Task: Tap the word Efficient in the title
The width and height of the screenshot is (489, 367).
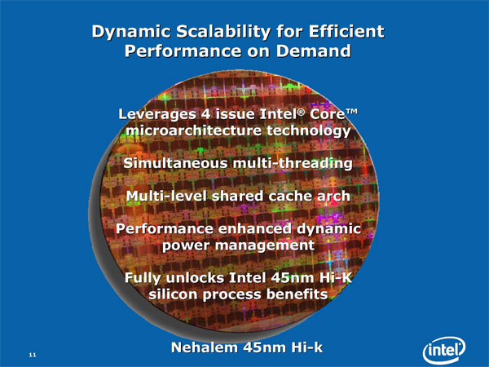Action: pyautogui.click(x=346, y=31)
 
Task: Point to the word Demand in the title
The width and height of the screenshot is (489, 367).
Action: pyautogui.click(x=314, y=51)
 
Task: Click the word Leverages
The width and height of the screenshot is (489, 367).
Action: pyautogui.click(x=156, y=114)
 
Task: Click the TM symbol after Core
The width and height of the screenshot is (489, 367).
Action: pyautogui.click(x=351, y=112)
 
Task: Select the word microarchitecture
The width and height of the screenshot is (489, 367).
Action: pyautogui.click(x=193, y=130)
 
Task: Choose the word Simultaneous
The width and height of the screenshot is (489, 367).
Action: pyautogui.click(x=175, y=163)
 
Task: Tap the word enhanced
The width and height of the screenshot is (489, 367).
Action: pyautogui.click(x=255, y=228)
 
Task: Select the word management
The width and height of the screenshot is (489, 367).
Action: pyautogui.click(x=264, y=245)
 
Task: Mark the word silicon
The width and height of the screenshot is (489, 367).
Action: pyautogui.click(x=174, y=294)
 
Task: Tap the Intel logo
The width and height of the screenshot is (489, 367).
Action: pyautogui.click(x=444, y=351)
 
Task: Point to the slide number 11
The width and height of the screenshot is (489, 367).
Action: pyautogui.click(x=33, y=355)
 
